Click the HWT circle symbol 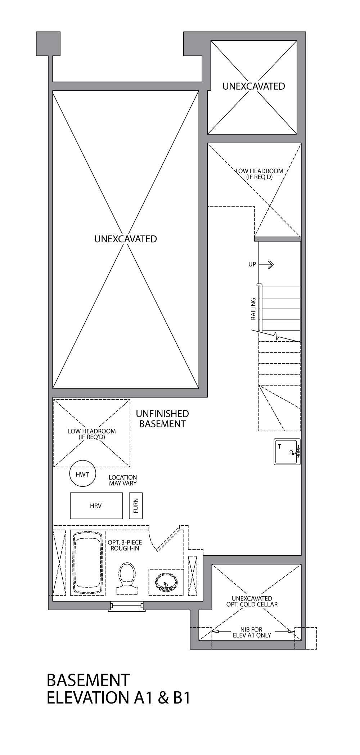(x=82, y=474)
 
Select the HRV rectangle (x=96, y=506)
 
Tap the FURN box (x=136, y=506)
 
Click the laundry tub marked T (x=287, y=451)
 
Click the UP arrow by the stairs (x=266, y=265)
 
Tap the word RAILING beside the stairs (x=253, y=309)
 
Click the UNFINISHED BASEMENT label (x=162, y=419)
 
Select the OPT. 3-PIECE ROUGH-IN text (x=125, y=545)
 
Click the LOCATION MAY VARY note (x=123, y=480)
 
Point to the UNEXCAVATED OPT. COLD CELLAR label (x=252, y=602)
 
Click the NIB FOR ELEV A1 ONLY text (x=252, y=633)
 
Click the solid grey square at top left (x=48, y=44)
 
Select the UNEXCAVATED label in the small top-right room (x=253, y=86)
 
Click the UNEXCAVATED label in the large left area (x=125, y=239)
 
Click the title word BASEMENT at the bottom (x=88, y=680)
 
